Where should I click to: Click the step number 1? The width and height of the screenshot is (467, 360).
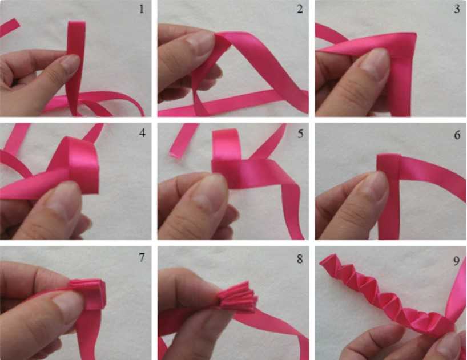tap(142, 9)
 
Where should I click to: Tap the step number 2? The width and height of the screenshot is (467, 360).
tap(300, 9)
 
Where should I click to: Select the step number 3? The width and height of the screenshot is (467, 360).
tap(457, 9)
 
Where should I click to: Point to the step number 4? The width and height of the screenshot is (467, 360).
tap(142, 133)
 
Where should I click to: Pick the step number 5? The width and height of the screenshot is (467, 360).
tap(300, 134)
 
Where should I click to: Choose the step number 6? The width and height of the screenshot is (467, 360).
tap(457, 135)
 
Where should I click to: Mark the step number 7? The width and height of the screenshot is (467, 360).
tap(142, 257)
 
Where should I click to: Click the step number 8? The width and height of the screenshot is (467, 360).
tap(300, 259)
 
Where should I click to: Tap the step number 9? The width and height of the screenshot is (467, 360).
tap(457, 261)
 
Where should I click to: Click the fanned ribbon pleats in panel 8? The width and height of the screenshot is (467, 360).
tap(237, 297)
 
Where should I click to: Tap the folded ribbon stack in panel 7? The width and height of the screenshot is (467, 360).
tap(88, 293)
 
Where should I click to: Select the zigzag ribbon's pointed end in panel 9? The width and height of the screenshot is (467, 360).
tap(325, 260)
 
